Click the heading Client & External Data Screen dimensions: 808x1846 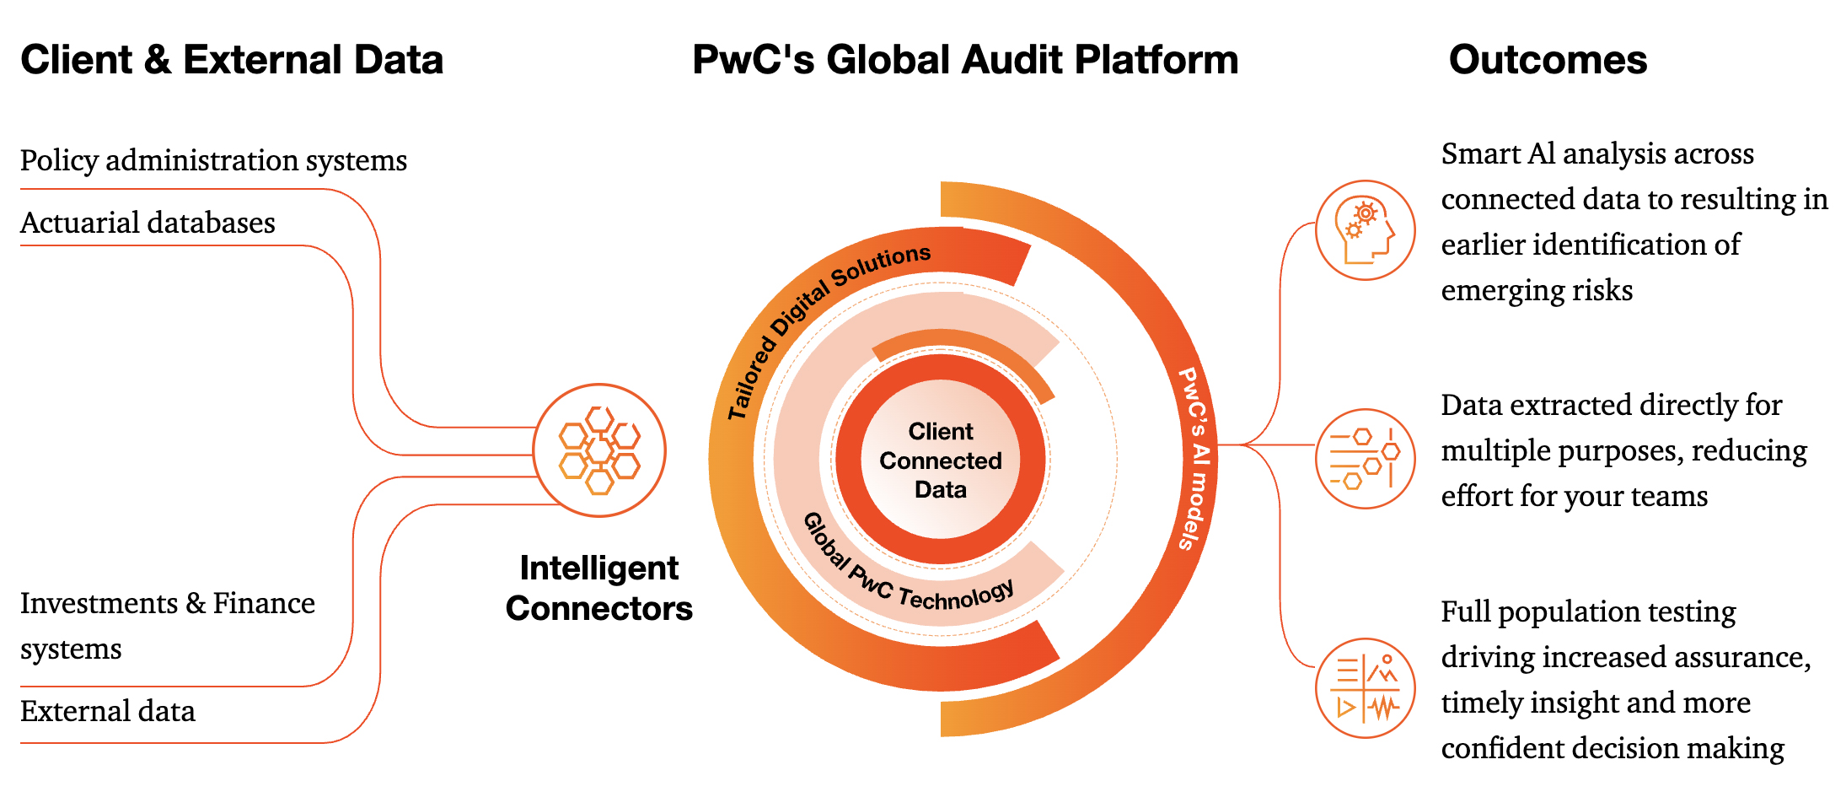click(x=232, y=60)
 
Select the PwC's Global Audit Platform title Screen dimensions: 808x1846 click(x=965, y=60)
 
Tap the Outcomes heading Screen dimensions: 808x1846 click(x=1548, y=60)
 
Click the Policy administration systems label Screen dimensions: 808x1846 click(x=213, y=160)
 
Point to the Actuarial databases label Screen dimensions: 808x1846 click(x=148, y=223)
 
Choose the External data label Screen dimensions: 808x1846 click(x=108, y=711)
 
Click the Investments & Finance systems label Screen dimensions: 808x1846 click(x=167, y=626)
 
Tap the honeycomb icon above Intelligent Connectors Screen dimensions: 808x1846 click(x=599, y=450)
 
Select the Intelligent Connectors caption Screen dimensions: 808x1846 click(x=598, y=588)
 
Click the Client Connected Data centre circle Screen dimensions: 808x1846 click(x=941, y=461)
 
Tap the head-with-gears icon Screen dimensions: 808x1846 click(x=1365, y=230)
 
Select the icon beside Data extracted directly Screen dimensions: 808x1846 click(x=1365, y=458)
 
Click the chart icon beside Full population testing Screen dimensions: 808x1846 click(x=1365, y=687)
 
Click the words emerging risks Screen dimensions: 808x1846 click(x=1537, y=290)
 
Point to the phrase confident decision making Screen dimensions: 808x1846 click(x=1613, y=748)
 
